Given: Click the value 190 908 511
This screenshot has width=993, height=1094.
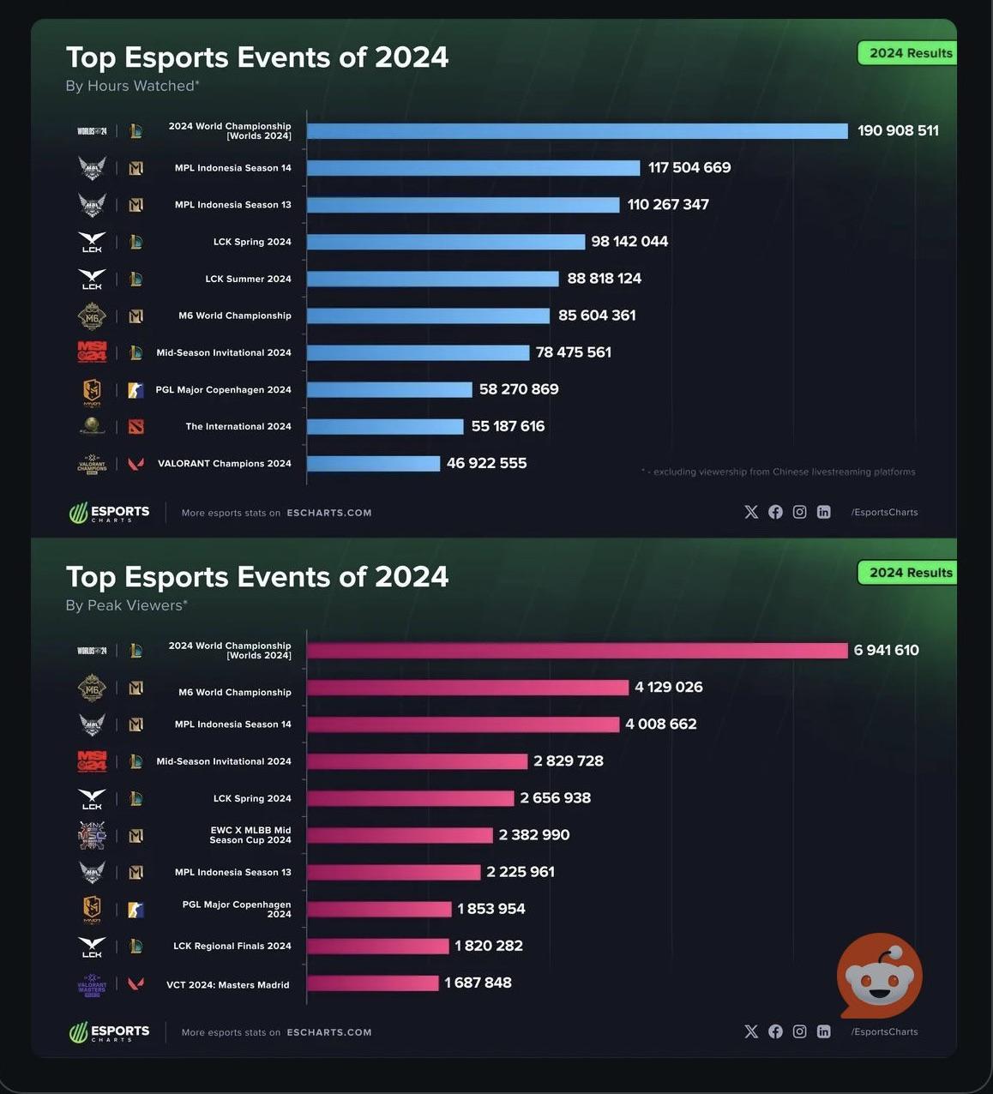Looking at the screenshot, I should [898, 130].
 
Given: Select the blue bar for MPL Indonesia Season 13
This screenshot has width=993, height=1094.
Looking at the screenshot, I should [463, 205].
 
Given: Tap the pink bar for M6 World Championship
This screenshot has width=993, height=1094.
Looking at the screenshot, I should [467, 688].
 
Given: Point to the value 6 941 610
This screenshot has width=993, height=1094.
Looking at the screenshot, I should [886, 650].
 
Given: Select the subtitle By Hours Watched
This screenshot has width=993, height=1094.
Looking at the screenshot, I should [132, 86].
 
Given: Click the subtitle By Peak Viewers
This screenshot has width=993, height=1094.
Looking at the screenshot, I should [126, 605].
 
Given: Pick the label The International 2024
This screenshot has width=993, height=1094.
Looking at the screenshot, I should [238, 426].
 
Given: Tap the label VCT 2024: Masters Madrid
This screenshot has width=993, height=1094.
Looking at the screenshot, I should [228, 985].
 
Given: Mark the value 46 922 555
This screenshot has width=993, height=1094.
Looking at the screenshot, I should [486, 463].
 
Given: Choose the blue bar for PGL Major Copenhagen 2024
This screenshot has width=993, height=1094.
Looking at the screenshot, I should [389, 390].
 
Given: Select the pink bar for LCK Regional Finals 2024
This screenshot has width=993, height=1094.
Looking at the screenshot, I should [377, 947].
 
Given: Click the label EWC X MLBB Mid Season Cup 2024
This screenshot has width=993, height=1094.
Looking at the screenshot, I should [250, 835].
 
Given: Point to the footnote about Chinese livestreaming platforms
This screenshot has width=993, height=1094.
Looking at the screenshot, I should [778, 472].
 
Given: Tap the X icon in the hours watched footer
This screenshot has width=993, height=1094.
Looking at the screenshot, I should [751, 512].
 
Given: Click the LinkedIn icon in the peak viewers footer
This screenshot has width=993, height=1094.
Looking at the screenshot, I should [823, 1031].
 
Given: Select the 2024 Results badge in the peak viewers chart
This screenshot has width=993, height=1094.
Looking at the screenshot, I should [910, 573].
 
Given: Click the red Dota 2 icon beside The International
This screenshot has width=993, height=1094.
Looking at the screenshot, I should [135, 426].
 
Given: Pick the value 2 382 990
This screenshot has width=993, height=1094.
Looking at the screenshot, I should [533, 835].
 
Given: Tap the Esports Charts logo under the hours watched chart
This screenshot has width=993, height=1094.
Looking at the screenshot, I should [109, 513].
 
